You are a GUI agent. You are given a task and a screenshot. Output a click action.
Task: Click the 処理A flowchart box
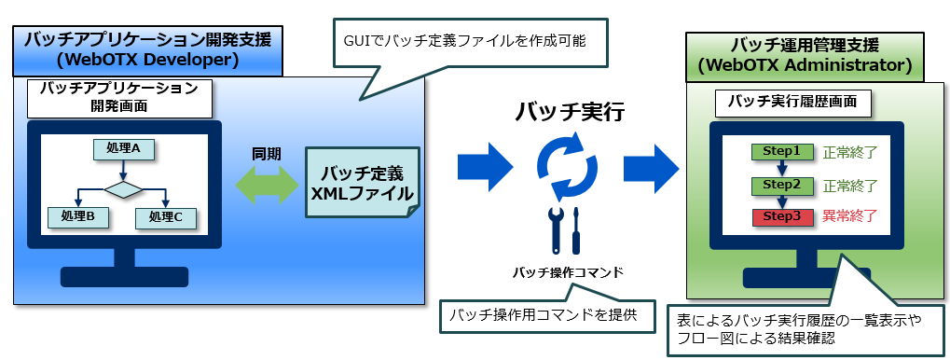pos(123,149)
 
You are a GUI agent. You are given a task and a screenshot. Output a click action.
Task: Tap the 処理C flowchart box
pos(166,217)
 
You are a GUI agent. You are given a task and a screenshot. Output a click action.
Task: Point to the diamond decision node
pos(124,188)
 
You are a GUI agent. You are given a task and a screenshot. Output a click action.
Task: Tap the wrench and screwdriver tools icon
pos(565,231)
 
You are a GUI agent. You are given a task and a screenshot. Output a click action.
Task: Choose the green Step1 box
pos(781,151)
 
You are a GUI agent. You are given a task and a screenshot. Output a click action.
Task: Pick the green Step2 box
pos(781,185)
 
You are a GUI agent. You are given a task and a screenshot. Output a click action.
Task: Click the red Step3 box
pos(781,217)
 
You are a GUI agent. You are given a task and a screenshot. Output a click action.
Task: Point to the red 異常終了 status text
pos(850,215)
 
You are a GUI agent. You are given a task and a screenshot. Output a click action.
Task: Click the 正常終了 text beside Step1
pos(850,151)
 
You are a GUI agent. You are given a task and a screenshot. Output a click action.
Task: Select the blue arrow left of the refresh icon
pos(485,167)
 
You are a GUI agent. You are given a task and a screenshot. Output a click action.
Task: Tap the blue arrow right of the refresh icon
pos(651,167)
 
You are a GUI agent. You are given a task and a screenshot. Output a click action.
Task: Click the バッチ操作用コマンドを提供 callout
pos(547,315)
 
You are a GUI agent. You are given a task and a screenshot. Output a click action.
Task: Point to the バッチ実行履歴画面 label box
pos(793,104)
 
